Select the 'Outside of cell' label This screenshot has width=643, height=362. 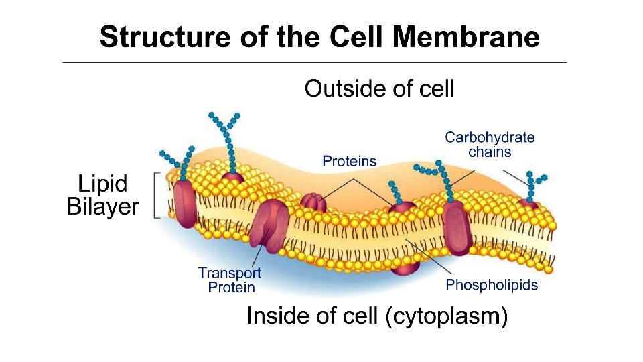[379, 88]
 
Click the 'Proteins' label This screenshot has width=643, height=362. [350, 161]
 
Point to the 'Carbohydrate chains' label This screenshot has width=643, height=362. [490, 145]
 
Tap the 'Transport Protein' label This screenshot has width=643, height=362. [230, 280]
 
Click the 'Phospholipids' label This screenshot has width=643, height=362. [492, 285]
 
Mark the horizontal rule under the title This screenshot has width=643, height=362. [314, 63]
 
